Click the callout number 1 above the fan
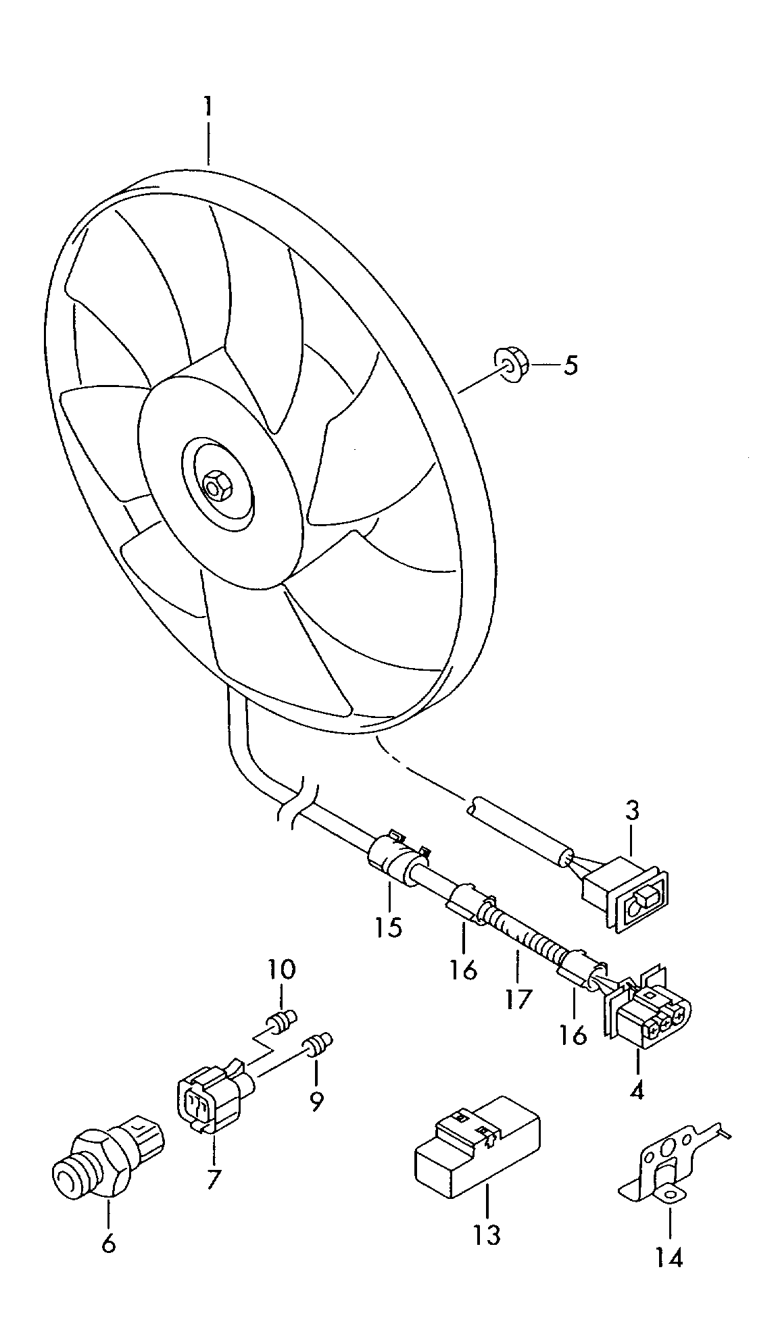click(208, 108)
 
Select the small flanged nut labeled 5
click(510, 365)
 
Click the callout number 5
click(571, 366)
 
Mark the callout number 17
click(518, 998)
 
